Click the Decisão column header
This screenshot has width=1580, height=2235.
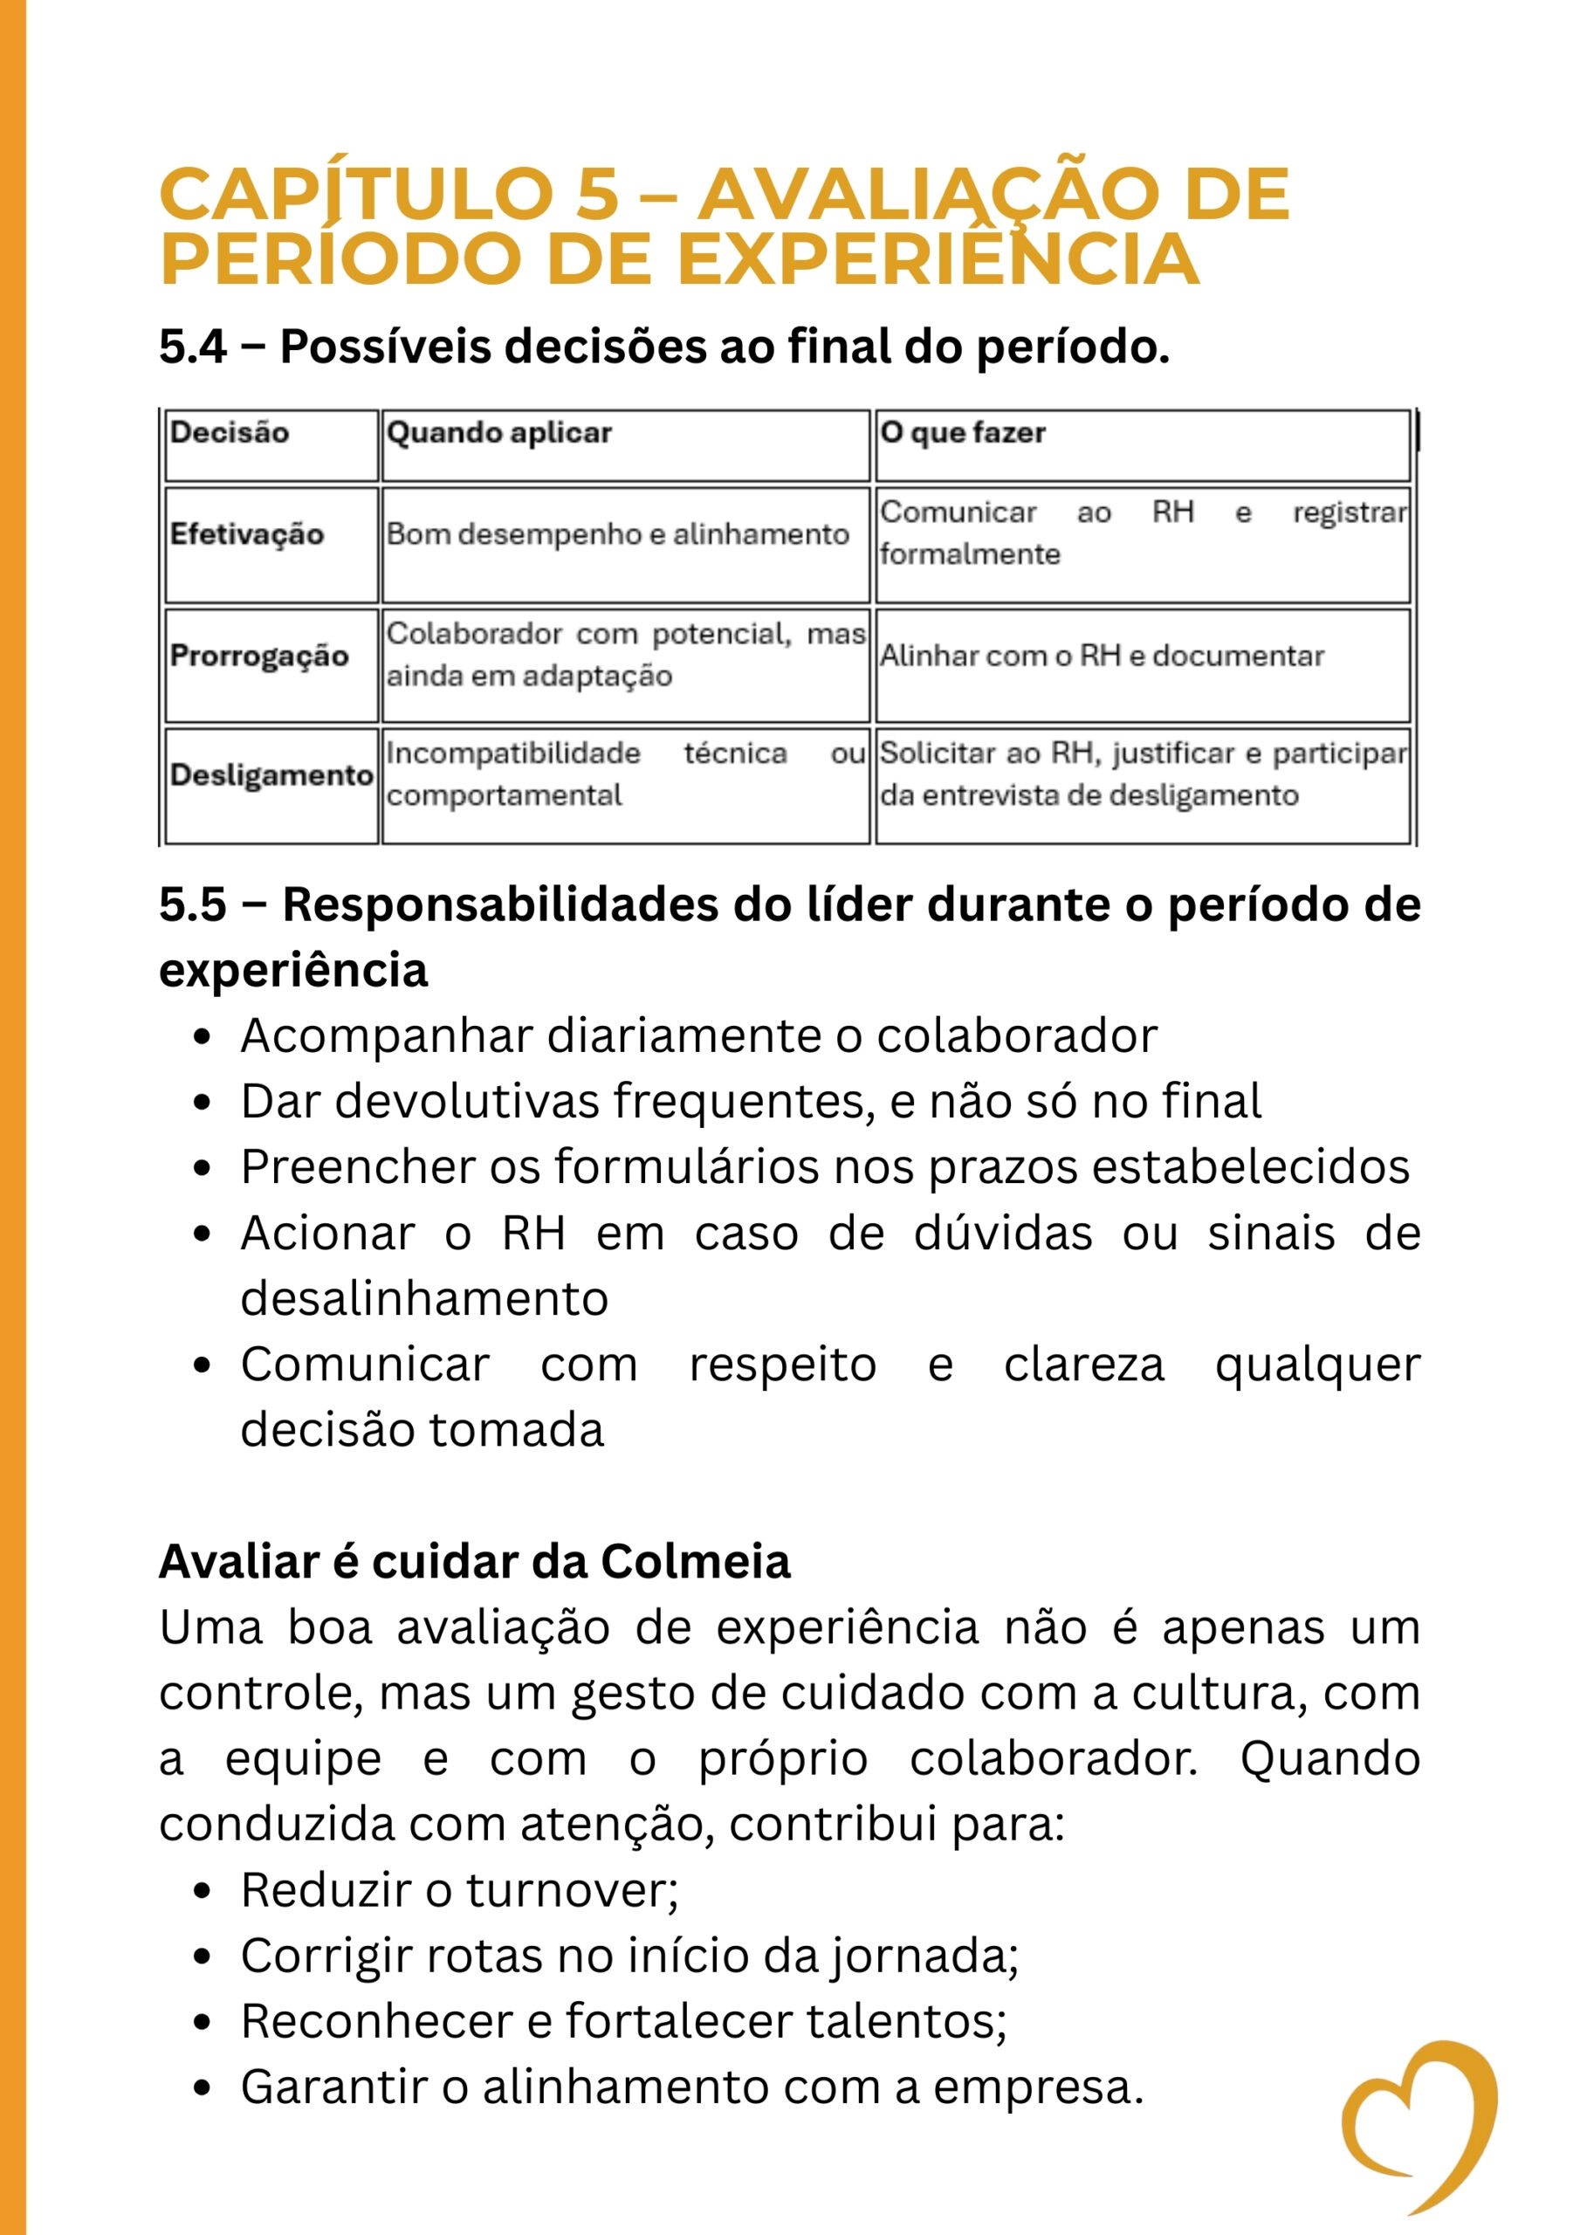(230, 432)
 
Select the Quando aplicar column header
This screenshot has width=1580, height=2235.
(498, 432)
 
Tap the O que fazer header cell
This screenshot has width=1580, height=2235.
(962, 432)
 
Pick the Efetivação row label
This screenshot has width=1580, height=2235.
(246, 534)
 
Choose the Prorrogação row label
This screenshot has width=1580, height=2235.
(259, 655)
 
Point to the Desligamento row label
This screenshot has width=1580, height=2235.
(271, 775)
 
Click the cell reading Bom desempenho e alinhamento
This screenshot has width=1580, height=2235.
(617, 534)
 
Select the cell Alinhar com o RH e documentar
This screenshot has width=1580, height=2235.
(1101, 655)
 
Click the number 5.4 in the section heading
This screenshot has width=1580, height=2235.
(193, 347)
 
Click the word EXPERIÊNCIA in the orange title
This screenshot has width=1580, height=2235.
(937, 260)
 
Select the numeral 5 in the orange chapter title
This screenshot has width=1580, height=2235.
(597, 194)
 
